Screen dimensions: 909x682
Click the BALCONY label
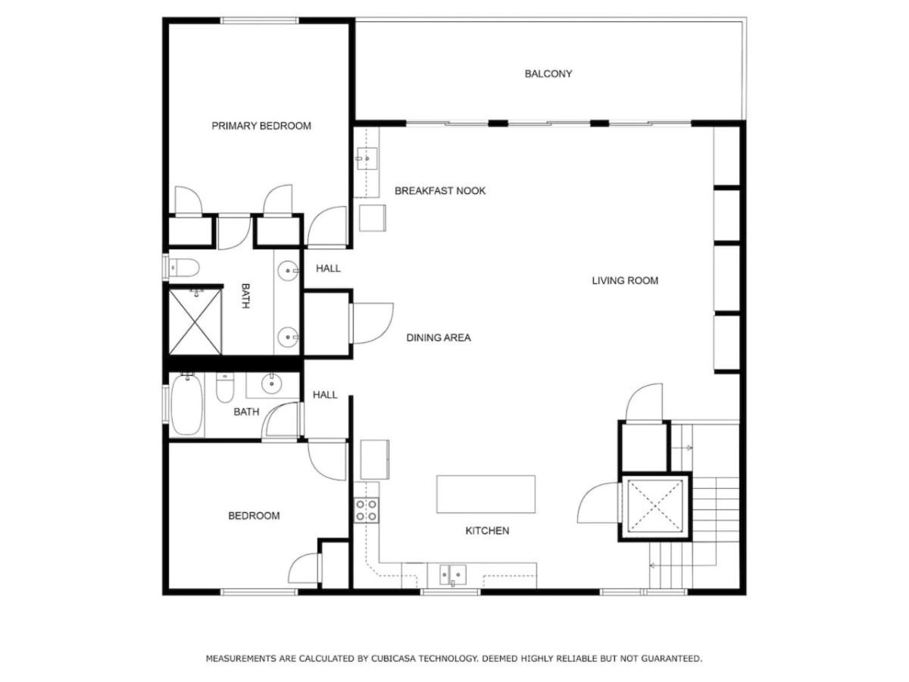point(548,74)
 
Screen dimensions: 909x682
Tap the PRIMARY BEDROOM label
point(261,126)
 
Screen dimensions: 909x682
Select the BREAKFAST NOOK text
point(440,191)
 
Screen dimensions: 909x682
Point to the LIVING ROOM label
point(624,280)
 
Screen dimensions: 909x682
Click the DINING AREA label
point(439,338)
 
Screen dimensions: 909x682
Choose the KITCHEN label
point(487,531)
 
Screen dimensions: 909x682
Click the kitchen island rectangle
point(486,494)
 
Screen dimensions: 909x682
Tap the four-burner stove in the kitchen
point(366,510)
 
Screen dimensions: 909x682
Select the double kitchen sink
point(453,574)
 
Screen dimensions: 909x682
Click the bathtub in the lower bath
point(187,405)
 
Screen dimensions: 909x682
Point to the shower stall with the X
point(195,322)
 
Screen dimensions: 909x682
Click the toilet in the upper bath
point(184,267)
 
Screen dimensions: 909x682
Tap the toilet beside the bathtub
point(224,388)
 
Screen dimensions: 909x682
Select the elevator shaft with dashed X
point(654,506)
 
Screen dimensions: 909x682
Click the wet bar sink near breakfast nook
point(367,158)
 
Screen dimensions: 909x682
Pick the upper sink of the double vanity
point(289,271)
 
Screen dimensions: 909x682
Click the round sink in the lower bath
point(271,383)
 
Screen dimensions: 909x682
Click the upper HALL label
point(328,269)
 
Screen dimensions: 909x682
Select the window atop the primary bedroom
point(259,20)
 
